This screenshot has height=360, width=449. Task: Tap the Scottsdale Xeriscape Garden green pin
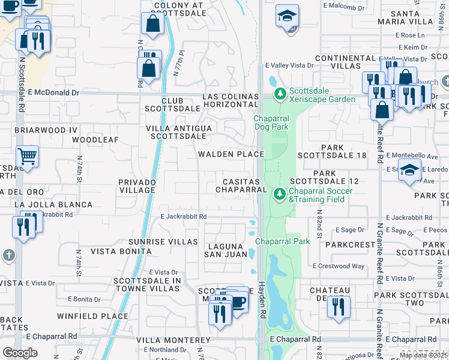[279, 95]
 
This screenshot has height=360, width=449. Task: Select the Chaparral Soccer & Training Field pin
[279, 194]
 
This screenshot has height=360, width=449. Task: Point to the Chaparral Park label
[282, 241]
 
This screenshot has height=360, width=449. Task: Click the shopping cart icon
[27, 157]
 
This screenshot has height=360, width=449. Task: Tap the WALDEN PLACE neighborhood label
[232, 154]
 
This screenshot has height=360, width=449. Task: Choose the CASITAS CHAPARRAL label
[241, 185]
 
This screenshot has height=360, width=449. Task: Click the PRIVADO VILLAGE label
[137, 185]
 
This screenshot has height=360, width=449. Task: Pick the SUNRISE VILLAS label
[163, 241]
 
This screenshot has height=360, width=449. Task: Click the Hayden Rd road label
[262, 300]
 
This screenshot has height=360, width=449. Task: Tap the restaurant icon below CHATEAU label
[339, 307]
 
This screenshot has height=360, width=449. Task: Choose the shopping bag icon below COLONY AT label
[153, 24]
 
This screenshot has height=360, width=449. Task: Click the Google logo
[20, 353]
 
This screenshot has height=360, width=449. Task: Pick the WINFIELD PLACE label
[92, 316]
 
